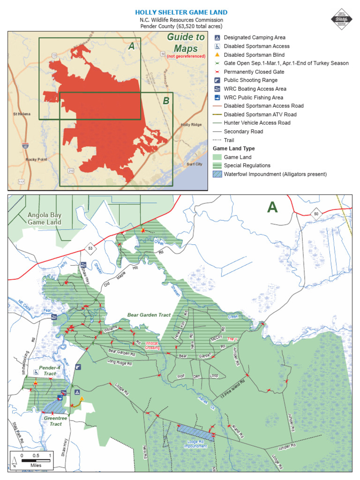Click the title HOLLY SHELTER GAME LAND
coord(181,13)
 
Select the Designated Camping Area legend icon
coord(217,37)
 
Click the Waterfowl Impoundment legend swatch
coord(217,174)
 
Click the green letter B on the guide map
coord(166,101)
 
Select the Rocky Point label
coord(36,160)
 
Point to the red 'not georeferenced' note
coord(186,56)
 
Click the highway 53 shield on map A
coord(89,247)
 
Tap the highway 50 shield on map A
coord(316,214)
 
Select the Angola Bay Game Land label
coord(44,218)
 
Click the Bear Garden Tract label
coord(149,315)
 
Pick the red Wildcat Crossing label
coord(152,345)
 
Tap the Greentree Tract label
coord(52,420)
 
